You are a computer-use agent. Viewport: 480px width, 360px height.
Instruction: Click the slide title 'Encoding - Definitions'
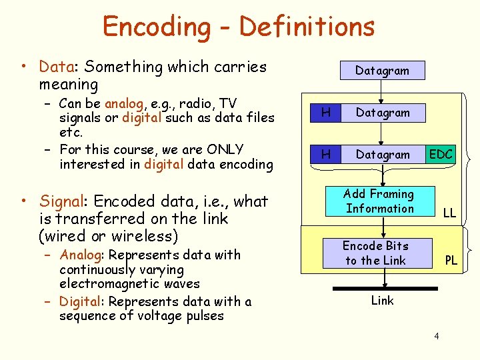click(x=238, y=27)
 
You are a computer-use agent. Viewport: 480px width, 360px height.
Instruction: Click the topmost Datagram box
click(x=382, y=70)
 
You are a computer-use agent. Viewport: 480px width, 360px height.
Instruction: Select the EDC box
click(x=441, y=155)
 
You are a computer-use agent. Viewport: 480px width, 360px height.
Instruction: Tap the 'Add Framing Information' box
click(x=379, y=201)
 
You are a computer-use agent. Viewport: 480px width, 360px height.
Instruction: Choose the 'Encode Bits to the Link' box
click(x=375, y=253)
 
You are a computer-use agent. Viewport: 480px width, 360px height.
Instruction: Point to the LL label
click(x=449, y=213)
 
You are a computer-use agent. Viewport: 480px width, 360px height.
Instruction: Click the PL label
click(x=451, y=261)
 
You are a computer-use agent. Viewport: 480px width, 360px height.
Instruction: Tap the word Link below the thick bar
click(x=382, y=301)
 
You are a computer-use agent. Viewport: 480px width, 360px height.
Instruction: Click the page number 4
click(x=436, y=335)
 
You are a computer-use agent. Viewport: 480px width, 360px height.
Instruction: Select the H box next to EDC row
click(x=325, y=155)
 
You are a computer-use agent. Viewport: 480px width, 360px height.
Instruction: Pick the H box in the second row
click(x=325, y=113)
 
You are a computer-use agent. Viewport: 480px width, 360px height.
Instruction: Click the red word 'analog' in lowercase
click(x=124, y=103)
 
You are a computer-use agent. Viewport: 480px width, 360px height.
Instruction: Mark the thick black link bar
click(x=382, y=284)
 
